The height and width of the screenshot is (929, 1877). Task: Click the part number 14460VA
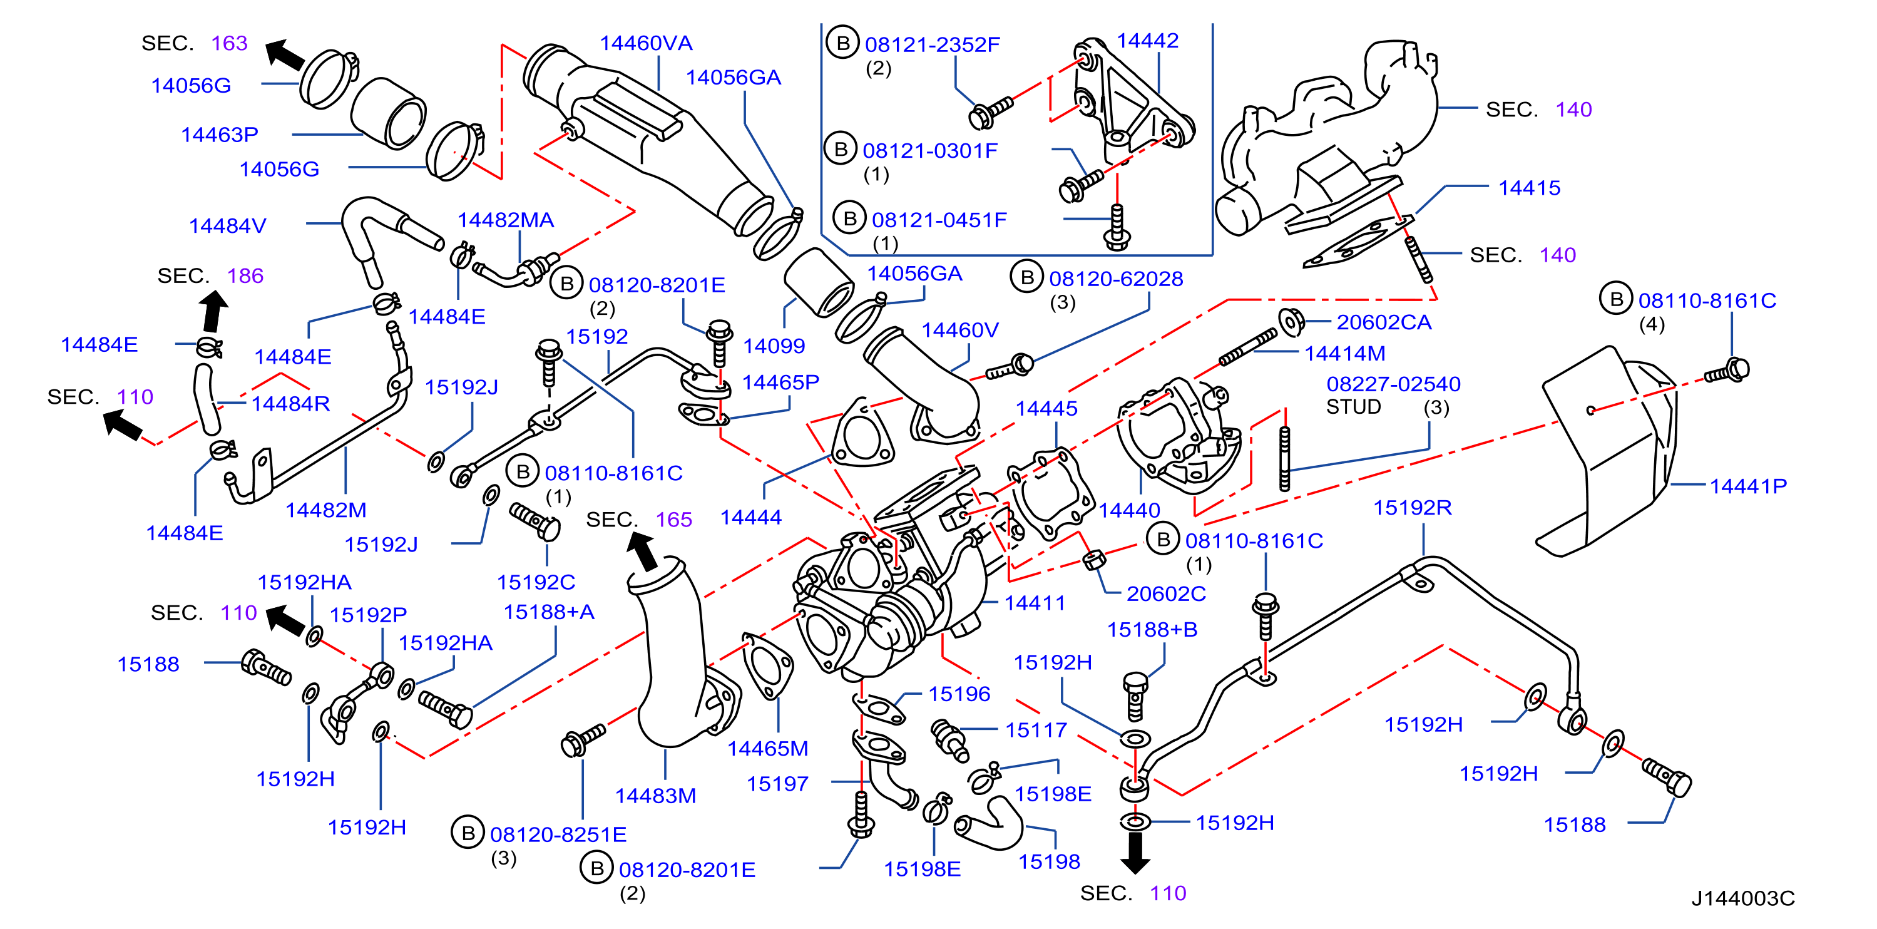645,44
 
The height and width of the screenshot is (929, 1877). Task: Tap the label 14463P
219,135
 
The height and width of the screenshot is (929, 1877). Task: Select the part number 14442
1148,41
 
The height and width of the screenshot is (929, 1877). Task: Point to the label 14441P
1748,486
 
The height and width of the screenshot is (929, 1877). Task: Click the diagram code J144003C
1743,898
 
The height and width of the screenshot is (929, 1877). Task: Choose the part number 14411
1035,603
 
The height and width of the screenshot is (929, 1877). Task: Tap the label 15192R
1412,508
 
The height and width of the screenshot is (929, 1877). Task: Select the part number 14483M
655,796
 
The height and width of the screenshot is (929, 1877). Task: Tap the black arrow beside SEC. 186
213,312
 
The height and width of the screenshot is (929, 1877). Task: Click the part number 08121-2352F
932,45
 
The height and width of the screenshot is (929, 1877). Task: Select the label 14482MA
506,220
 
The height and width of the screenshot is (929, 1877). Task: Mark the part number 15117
1036,730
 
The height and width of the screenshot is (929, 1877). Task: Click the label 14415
1529,188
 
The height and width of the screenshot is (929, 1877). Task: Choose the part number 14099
774,346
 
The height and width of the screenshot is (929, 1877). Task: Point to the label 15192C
536,582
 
